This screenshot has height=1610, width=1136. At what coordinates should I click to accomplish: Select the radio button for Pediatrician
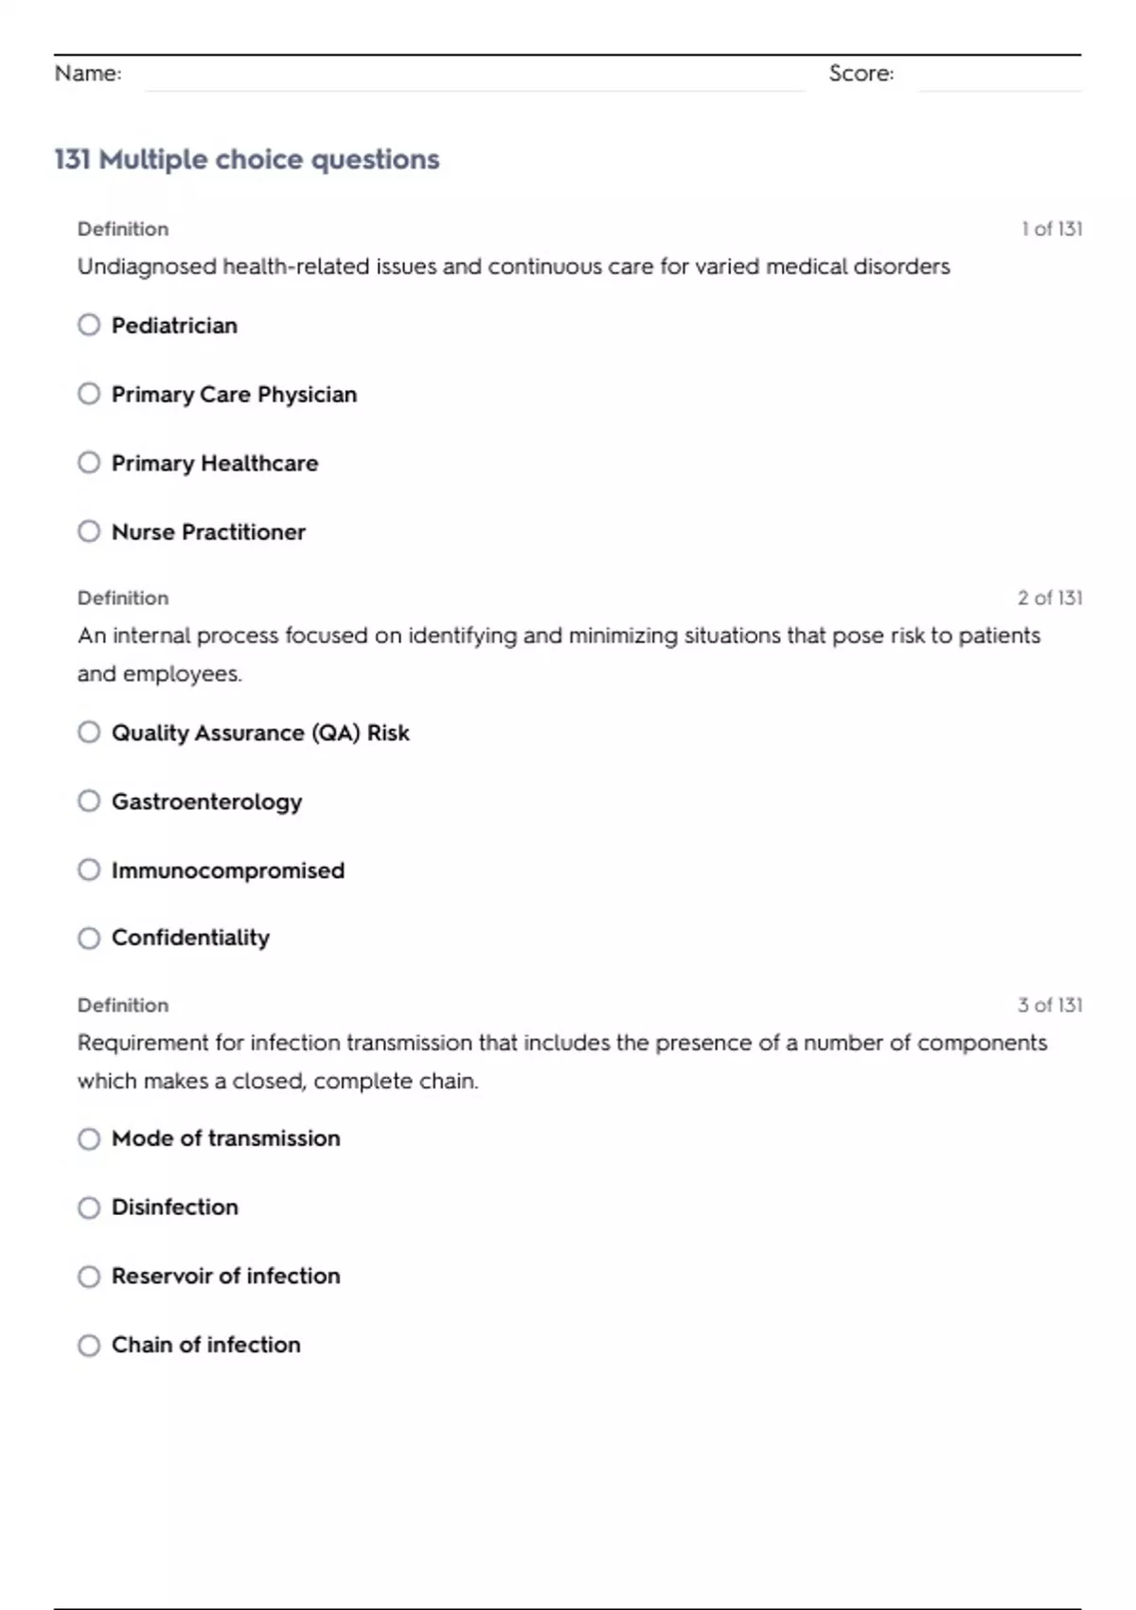coord(89,325)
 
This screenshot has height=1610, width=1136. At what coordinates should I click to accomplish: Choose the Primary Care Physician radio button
coord(89,394)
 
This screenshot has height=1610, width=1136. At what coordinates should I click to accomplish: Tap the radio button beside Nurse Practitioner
coord(89,531)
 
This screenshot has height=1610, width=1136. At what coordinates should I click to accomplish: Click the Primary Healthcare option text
coord(215,463)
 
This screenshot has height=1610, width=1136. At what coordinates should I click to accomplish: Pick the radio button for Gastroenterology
coord(89,801)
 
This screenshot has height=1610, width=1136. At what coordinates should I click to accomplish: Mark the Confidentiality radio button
coord(89,939)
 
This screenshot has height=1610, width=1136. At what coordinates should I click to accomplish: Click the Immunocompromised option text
coord(228,870)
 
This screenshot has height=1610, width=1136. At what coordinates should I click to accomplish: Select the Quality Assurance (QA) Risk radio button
coord(89,732)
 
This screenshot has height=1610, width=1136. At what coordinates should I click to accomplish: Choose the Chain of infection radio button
coord(89,1345)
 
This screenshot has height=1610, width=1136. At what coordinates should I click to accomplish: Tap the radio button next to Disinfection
coord(89,1207)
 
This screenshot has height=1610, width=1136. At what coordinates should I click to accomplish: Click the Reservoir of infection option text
coord(225,1276)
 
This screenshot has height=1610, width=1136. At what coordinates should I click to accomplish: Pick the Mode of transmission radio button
coord(89,1138)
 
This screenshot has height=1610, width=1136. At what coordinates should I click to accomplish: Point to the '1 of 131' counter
coord(1051,229)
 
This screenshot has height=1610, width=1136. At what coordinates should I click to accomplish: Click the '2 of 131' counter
coord(1049,599)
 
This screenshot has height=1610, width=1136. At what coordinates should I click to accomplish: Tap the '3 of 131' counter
coord(1049,1005)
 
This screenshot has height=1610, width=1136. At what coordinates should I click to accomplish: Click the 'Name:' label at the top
coord(88,73)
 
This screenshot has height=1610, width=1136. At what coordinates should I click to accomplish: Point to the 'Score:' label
coord(861,73)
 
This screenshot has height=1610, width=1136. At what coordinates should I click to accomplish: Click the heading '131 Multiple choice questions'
coord(247,159)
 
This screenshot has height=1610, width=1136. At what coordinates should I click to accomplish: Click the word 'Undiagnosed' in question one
coord(147,267)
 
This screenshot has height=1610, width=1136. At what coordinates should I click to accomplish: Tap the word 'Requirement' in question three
coord(143,1043)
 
